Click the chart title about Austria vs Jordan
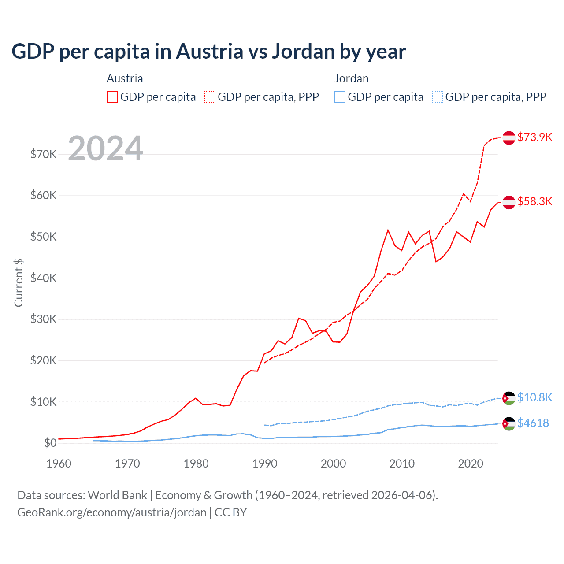[208, 52]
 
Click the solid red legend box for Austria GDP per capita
[112, 97]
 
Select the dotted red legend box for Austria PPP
[210, 97]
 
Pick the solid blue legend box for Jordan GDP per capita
[340, 97]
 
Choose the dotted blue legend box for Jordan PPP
[438, 97]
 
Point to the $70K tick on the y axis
[43, 154]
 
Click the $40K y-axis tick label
[43, 278]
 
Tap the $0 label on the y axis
[50, 443]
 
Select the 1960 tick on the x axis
[59, 464]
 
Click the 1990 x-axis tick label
[265, 464]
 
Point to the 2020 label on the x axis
[471, 464]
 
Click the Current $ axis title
[19, 282]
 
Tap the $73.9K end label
[534, 137]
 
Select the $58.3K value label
[534, 201]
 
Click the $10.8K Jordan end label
[534, 397]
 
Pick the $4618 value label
[533, 423]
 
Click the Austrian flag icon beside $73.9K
[509, 137]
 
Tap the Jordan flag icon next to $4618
[509, 423]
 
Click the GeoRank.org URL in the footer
[111, 512]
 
